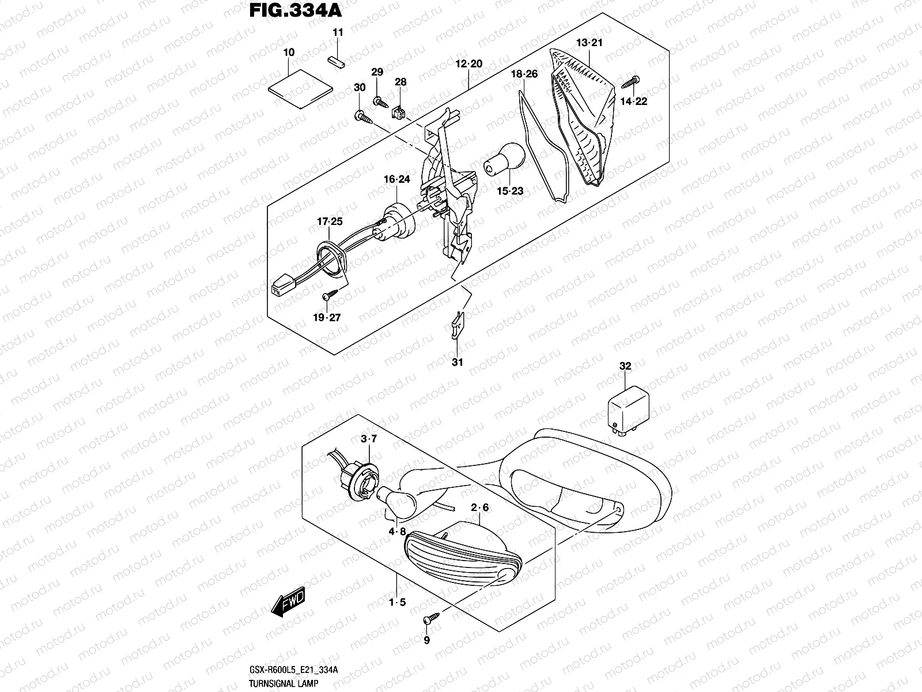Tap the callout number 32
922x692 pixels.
(625, 366)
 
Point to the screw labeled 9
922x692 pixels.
(430, 620)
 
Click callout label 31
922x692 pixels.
(457, 362)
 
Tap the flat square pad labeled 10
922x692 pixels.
(301, 86)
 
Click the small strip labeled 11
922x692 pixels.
(336, 61)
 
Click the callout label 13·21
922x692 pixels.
(589, 43)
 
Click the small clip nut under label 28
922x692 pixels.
(398, 111)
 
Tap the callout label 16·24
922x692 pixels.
(396, 179)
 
